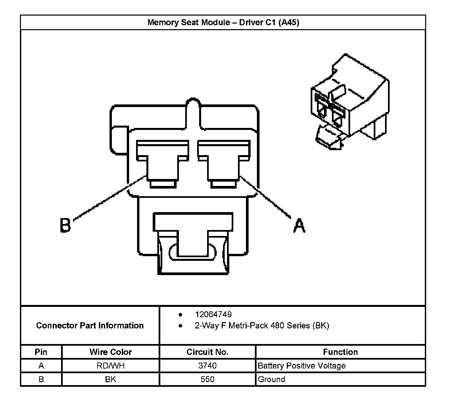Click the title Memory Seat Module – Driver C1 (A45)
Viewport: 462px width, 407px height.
click(x=223, y=22)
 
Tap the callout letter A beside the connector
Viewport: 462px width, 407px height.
click(x=299, y=225)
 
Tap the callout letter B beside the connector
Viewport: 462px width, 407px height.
click(x=65, y=225)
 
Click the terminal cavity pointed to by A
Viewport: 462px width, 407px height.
click(x=224, y=164)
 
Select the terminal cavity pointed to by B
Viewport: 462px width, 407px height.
click(x=162, y=164)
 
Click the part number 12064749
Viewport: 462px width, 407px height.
click(x=213, y=314)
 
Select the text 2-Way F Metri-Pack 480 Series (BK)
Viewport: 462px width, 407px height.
click(x=262, y=325)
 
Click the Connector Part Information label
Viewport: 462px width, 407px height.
click(x=90, y=325)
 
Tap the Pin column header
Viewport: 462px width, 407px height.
click(x=41, y=352)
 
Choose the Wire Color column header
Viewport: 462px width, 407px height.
click(x=111, y=352)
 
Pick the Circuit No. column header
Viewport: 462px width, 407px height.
click(x=207, y=352)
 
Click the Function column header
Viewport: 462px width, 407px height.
click(x=340, y=352)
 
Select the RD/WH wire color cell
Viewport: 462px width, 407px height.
click(x=111, y=366)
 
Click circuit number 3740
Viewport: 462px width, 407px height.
click(x=207, y=366)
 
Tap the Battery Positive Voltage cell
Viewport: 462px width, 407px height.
click(x=301, y=366)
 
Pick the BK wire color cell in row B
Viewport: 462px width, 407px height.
click(x=111, y=379)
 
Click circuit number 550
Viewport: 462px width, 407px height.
click(x=207, y=379)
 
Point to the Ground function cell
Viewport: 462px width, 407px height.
click(x=271, y=379)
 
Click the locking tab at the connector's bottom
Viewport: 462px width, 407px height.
click(x=193, y=243)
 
